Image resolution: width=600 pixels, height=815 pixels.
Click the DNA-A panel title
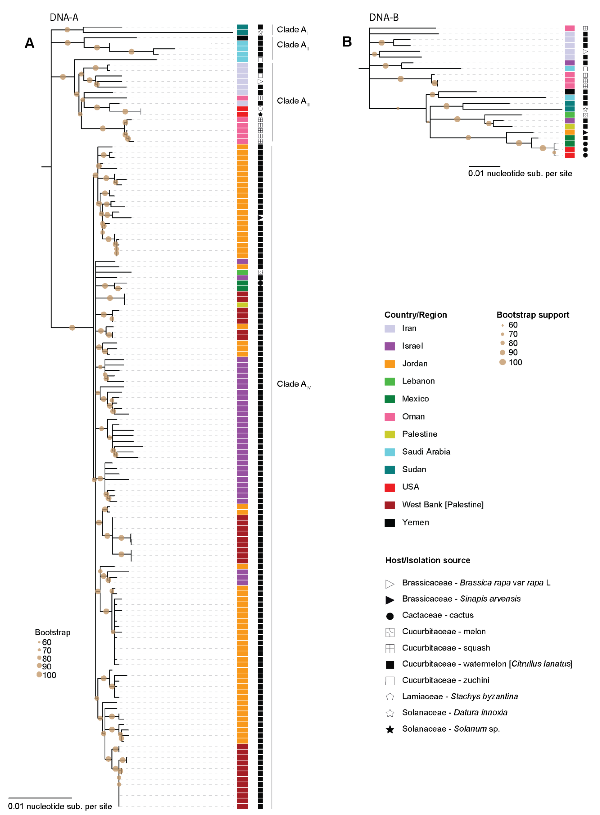(x=64, y=17)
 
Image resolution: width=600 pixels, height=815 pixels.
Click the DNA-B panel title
(x=384, y=17)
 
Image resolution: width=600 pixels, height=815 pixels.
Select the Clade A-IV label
(x=293, y=384)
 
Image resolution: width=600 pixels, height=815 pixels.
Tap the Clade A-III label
(x=293, y=101)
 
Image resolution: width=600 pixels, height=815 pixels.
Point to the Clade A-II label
(x=293, y=45)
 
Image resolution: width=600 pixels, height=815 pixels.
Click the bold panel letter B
(x=347, y=42)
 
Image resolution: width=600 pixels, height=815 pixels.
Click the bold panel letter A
(x=29, y=43)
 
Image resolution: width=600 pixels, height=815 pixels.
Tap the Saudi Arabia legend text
(x=426, y=452)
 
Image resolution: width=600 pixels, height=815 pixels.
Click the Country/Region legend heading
(x=416, y=315)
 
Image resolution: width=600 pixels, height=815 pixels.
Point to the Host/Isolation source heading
(x=428, y=560)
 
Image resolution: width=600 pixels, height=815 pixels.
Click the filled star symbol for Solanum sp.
(x=390, y=729)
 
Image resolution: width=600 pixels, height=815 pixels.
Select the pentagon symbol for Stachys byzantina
(x=390, y=697)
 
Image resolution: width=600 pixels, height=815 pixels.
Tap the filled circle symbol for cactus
(x=390, y=616)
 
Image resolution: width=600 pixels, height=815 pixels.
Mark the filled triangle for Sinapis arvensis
(x=390, y=600)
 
